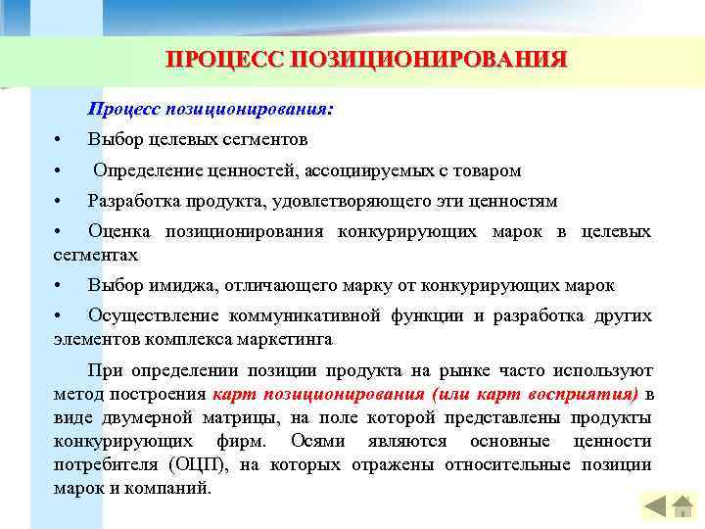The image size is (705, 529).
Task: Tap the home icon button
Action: tap(683, 506)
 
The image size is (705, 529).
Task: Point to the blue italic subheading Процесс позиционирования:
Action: tap(210, 110)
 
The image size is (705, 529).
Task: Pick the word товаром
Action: tap(486, 170)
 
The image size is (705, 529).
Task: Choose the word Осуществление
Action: tap(154, 316)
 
